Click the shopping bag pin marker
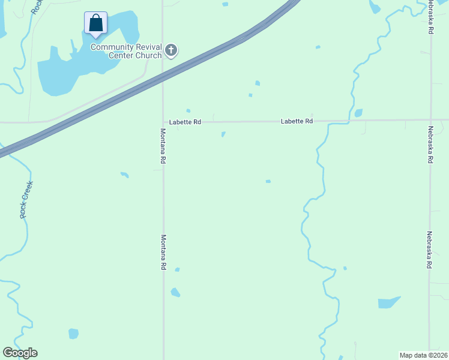tap(95, 23)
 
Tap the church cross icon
tap(171, 50)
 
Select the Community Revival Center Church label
tap(126, 51)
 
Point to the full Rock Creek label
tap(25, 200)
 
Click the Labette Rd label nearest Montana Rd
tap(185, 122)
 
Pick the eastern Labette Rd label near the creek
tap(297, 121)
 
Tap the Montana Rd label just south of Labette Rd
tap(163, 146)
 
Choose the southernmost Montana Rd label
tap(163, 252)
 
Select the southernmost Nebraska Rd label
tap(430, 250)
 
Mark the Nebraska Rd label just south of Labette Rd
tap(430, 145)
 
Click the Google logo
tap(20, 353)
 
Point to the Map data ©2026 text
tap(423, 355)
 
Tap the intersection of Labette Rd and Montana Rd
tap(163, 122)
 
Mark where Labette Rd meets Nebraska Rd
tap(430, 120)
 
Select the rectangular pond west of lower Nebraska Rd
tap(389, 302)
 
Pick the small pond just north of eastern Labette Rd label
tap(358, 113)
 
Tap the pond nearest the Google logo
tap(73, 333)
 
